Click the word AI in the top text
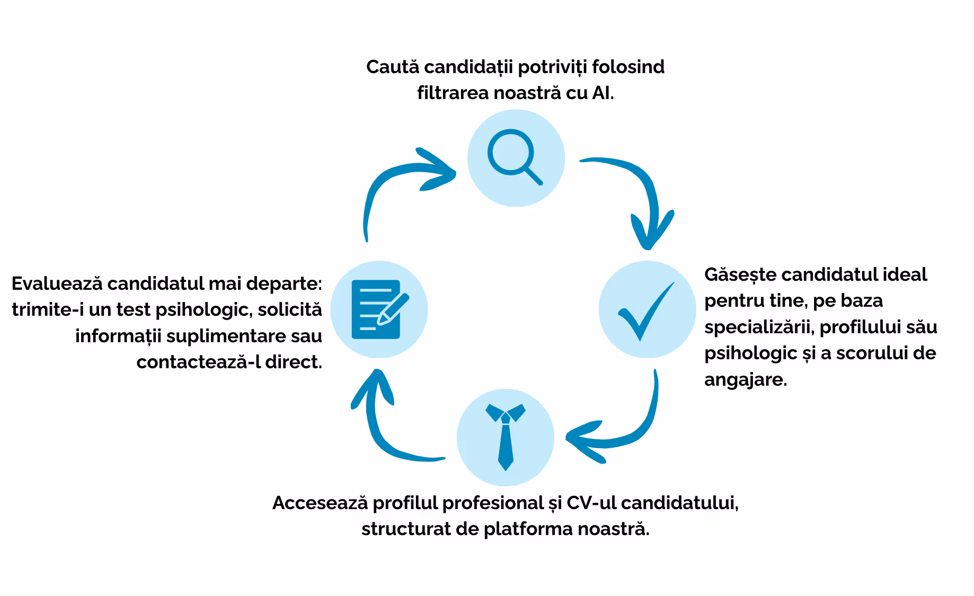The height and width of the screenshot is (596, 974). point(603,93)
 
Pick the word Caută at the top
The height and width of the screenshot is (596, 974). point(393,67)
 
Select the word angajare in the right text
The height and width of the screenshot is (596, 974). point(745,380)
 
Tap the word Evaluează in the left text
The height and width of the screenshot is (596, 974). point(57,284)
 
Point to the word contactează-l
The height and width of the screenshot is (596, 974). point(199,362)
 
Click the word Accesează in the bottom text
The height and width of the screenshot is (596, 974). point(320,503)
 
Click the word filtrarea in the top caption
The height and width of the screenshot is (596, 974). point(453,93)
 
